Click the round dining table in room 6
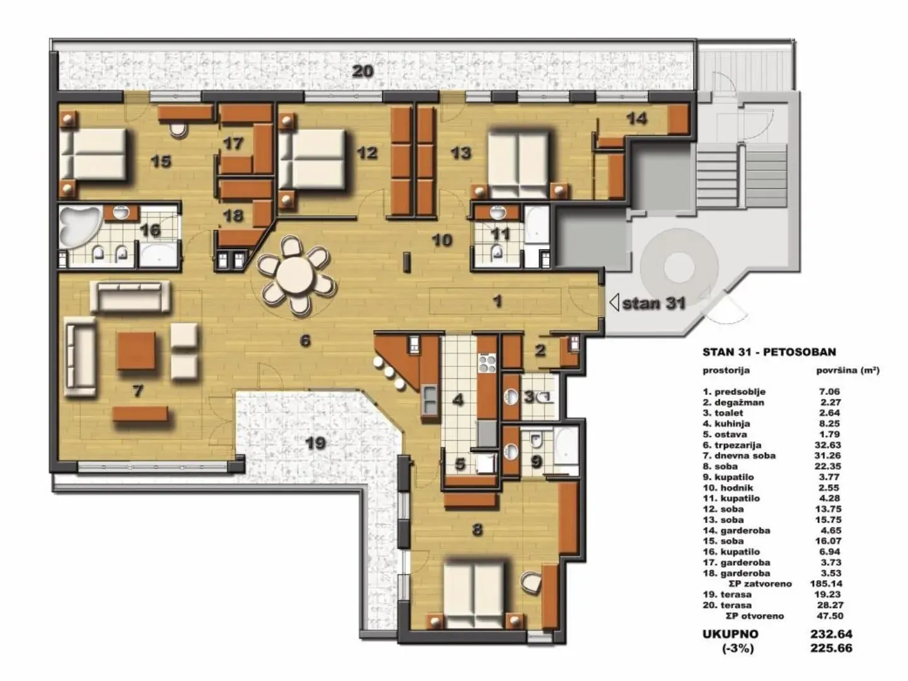click(x=294, y=276)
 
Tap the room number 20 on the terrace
click(x=363, y=71)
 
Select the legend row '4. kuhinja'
click(x=726, y=424)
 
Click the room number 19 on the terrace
click(x=315, y=443)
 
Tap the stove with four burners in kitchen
click(x=487, y=363)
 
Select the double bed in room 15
click(x=95, y=154)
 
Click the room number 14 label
click(x=637, y=118)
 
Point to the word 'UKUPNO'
click(x=730, y=634)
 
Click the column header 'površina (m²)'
click(x=847, y=371)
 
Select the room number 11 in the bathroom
click(x=500, y=234)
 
